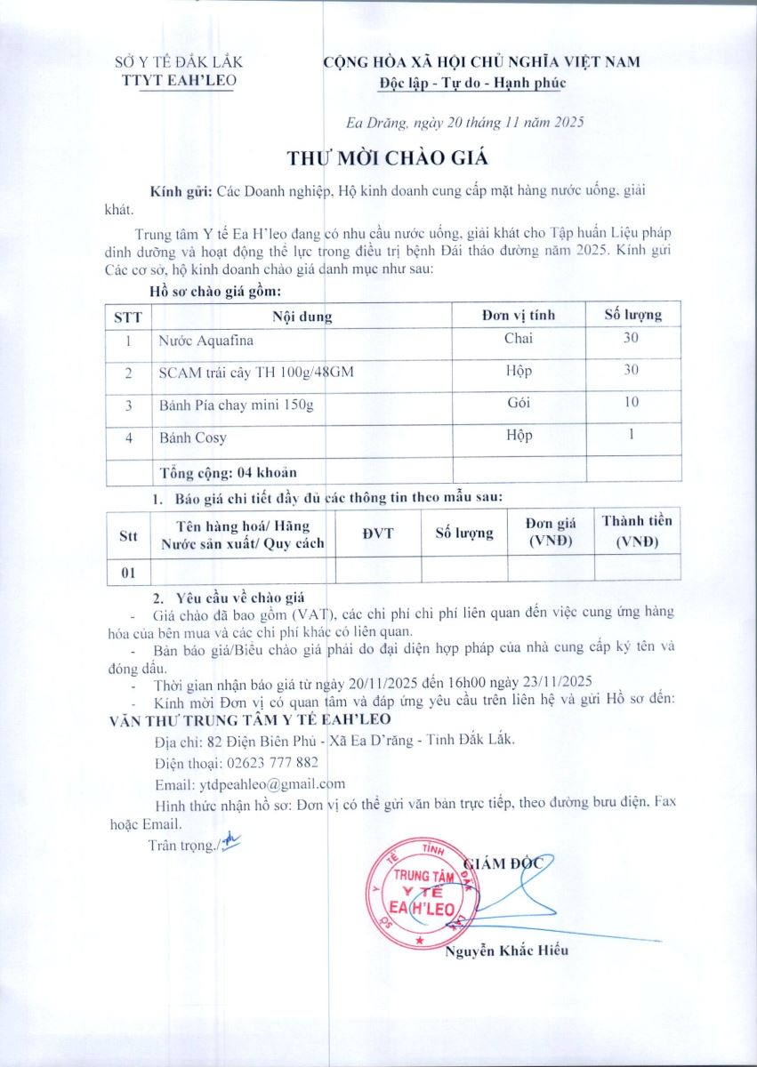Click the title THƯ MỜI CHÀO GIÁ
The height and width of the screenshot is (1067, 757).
click(x=388, y=158)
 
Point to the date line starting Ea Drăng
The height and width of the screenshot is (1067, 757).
click(x=464, y=124)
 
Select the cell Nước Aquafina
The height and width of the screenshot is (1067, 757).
click(x=205, y=341)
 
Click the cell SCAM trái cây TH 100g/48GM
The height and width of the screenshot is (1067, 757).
click(x=256, y=373)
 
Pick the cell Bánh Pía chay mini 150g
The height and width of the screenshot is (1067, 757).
click(x=237, y=405)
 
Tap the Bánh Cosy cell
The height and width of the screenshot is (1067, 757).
click(x=193, y=437)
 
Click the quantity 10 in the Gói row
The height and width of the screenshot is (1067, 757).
click(x=632, y=402)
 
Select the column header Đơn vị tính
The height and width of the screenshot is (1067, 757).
click(x=518, y=315)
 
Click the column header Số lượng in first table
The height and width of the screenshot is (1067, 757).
click(x=632, y=315)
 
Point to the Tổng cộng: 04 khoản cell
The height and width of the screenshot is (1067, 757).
click(x=228, y=471)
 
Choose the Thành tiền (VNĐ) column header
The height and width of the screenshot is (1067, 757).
click(x=637, y=531)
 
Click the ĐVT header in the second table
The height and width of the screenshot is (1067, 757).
click(x=378, y=533)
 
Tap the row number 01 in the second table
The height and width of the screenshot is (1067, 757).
click(x=128, y=572)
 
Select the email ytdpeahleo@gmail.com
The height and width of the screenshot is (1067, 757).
click(x=249, y=784)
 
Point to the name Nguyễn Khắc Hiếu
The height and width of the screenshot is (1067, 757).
click(x=506, y=951)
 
